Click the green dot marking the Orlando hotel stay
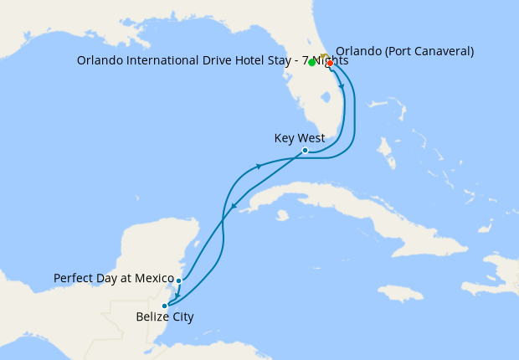point(311,63)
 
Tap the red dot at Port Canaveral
point(330,63)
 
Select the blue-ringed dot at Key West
point(305,151)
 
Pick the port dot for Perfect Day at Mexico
point(179,281)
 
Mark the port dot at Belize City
point(165,306)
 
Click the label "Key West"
point(299,138)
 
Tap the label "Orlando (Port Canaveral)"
point(405,51)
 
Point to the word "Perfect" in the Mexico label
point(73,278)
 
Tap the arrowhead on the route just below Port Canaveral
point(342,87)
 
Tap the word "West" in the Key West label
point(311,138)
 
